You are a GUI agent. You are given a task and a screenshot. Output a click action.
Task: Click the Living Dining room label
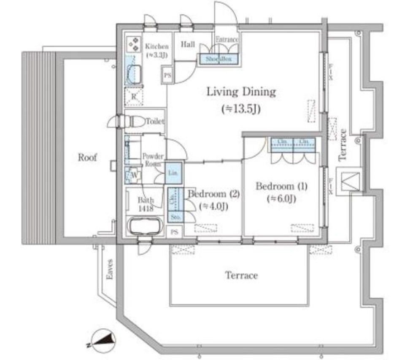[x=241, y=91]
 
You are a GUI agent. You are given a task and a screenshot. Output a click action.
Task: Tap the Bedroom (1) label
[x=275, y=186]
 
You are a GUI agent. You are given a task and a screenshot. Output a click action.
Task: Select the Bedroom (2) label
[x=214, y=194]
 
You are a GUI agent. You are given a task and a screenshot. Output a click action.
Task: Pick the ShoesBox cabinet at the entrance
[x=218, y=59]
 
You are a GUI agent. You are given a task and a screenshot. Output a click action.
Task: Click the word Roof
[x=88, y=158]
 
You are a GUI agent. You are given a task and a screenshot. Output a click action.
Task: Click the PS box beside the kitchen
[x=167, y=76]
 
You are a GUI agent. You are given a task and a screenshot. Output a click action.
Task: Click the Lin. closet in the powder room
[x=173, y=173]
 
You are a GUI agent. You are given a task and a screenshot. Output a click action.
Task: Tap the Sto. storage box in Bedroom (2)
[x=175, y=217]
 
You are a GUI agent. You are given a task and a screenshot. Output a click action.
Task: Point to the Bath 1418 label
[x=145, y=204]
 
